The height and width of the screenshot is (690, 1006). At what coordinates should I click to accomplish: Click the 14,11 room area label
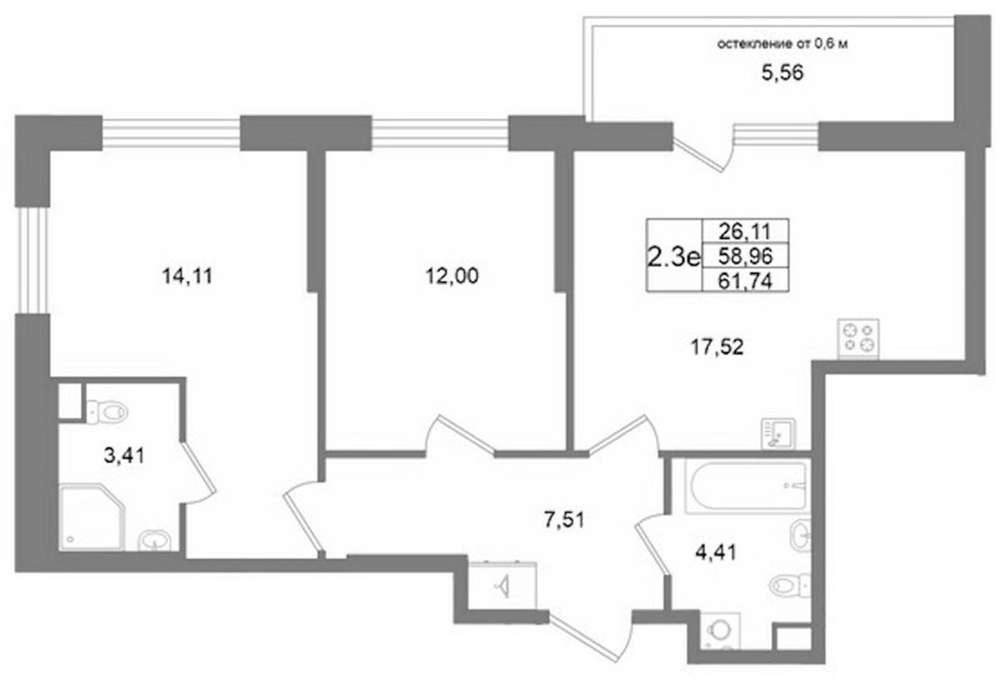[187, 277]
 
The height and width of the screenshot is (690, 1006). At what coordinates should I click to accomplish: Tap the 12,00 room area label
[453, 277]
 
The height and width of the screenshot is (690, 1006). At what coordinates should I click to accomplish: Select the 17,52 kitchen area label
[717, 347]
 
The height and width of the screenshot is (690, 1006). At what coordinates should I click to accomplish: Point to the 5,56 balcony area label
[782, 74]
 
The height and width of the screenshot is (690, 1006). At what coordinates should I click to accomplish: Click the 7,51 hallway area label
[564, 520]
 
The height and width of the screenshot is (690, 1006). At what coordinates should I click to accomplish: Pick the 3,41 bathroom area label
[124, 456]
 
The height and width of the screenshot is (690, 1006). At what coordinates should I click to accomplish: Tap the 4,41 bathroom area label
[716, 551]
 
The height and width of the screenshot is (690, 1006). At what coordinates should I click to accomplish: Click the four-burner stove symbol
[859, 339]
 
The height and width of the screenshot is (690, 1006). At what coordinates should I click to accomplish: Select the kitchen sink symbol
[778, 434]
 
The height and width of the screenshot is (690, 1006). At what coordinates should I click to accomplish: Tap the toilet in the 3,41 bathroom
[107, 411]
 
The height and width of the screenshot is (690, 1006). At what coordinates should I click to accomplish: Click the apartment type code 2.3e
[673, 256]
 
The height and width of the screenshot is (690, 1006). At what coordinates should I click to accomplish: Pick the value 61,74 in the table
[745, 280]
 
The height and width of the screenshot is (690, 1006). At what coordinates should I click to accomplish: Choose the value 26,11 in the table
[745, 230]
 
